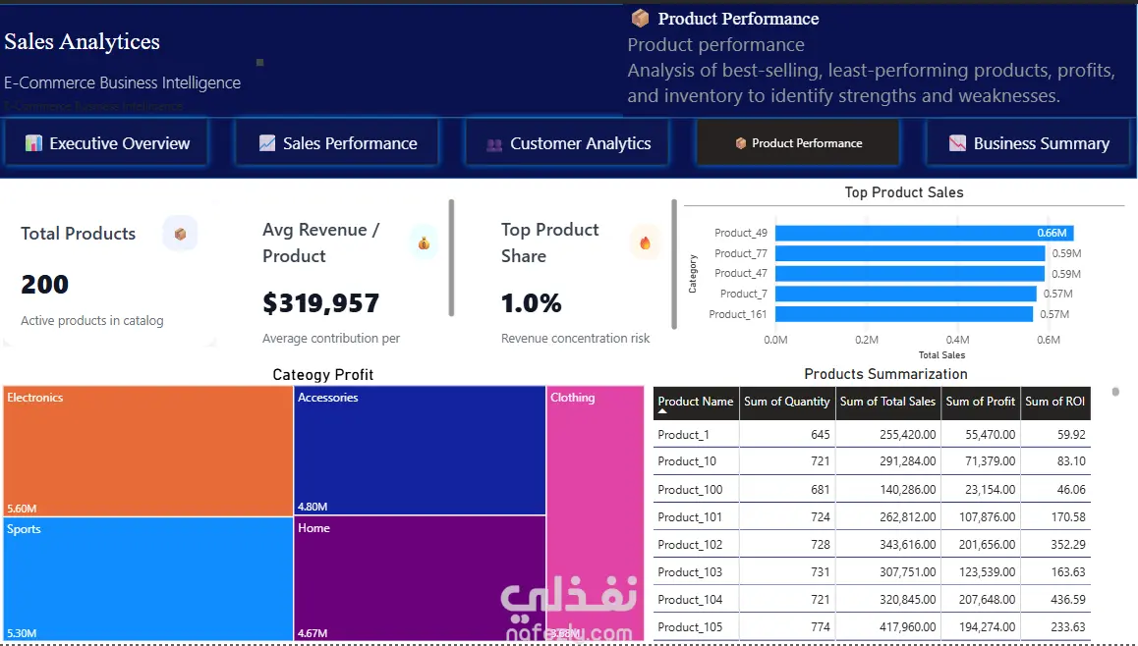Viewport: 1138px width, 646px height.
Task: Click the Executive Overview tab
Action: [x=107, y=143]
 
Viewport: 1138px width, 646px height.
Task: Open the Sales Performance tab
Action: [x=338, y=143]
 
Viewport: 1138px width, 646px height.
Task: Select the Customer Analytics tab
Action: [x=568, y=143]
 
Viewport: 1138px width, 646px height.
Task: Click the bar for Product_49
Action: [x=923, y=233]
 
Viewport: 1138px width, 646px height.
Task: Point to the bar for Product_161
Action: [x=903, y=314]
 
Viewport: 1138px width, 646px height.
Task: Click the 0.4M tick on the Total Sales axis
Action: [x=956, y=340]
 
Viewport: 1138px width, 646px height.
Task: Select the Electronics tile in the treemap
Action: [x=147, y=451]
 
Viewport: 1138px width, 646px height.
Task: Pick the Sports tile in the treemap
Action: [x=147, y=578]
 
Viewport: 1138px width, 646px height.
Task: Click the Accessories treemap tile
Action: [x=420, y=451]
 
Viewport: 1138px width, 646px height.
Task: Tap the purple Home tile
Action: [x=420, y=578]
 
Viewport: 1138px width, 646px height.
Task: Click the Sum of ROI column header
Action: [x=1054, y=402]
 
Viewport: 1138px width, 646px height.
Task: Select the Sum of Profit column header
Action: [x=980, y=402]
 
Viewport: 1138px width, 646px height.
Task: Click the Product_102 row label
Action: [x=690, y=545]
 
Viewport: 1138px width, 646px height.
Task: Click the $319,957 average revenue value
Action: [x=320, y=303]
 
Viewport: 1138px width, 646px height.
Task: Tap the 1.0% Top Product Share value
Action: [x=532, y=303]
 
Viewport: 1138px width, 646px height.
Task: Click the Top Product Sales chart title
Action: [x=904, y=192]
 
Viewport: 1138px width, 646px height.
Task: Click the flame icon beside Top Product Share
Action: [x=645, y=242]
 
